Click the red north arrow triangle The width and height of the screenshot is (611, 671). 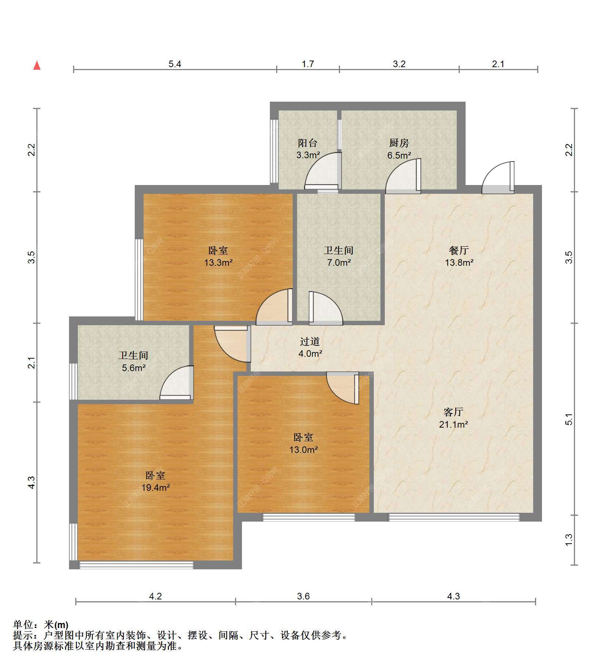point(37,65)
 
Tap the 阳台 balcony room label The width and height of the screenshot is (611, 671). point(307,143)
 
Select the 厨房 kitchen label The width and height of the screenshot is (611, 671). point(399,143)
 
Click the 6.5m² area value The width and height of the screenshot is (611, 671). point(399,155)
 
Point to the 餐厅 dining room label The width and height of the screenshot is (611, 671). point(459,250)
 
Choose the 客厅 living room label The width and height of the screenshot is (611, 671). point(453,412)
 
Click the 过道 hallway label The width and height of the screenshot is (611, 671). point(310,341)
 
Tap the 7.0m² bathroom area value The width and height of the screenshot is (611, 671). point(339,263)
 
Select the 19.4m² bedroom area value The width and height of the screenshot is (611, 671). point(156,488)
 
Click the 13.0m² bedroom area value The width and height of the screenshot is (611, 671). point(303,450)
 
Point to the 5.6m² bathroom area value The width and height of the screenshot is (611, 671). point(134,367)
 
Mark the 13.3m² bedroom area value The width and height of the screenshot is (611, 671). point(218,263)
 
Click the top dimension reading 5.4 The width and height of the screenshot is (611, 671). point(175,64)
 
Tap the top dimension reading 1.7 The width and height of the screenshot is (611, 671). point(308,64)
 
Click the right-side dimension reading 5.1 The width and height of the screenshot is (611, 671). point(569,419)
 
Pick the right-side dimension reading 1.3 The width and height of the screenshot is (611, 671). point(569,539)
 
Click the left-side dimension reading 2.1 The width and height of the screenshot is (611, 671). point(32,363)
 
